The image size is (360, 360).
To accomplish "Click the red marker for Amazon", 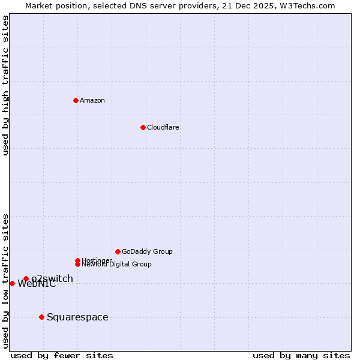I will (76, 100).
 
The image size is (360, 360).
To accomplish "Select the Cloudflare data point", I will (143, 127).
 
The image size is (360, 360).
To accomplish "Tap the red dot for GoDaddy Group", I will (118, 251).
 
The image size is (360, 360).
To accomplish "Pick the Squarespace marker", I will (41, 317).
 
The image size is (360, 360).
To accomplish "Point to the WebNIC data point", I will (12, 283).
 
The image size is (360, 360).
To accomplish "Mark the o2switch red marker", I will (26, 278).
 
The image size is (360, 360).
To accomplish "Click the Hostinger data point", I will (77, 260).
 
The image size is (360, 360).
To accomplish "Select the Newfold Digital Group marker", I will (77, 264).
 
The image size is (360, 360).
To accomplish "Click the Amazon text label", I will (92, 100).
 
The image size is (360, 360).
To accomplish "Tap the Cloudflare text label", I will (163, 127).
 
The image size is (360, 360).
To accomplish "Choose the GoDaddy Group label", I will (147, 251).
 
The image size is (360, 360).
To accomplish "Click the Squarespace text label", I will (77, 317).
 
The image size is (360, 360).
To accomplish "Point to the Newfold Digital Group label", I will (116, 264).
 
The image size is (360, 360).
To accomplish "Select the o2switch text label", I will (52, 278).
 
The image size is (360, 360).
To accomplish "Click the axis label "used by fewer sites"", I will (62, 355).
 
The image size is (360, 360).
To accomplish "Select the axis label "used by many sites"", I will (301, 355).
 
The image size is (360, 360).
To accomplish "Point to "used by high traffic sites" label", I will (5, 85).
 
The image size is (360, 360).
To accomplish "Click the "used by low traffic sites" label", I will (5, 281).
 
